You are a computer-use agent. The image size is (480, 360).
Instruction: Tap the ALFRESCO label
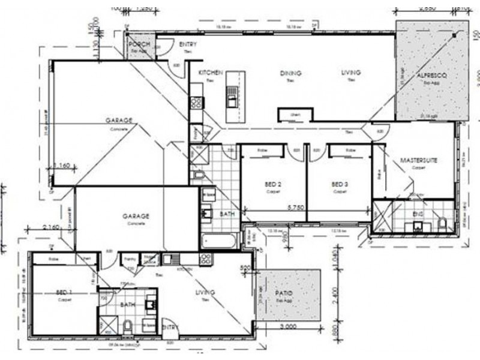click(428, 77)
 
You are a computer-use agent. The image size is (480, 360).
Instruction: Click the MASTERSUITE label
click(418, 161)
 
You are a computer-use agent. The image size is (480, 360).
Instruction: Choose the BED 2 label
click(273, 184)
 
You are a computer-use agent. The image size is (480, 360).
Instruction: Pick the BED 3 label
click(340, 184)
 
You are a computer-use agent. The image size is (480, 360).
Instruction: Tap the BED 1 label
click(64, 292)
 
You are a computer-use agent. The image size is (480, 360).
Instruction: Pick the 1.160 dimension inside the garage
click(63, 165)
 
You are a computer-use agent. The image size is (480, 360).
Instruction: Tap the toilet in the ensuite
click(442, 224)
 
